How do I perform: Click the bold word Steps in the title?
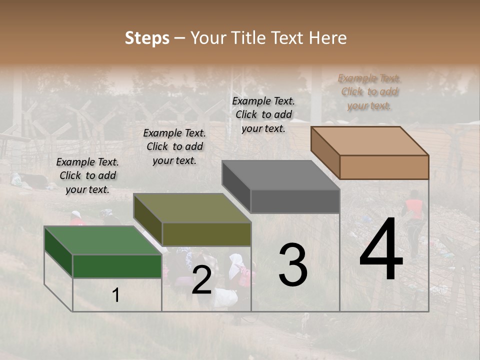coord(147,38)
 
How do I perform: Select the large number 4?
coord(381,249)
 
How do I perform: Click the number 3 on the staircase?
coord(292,264)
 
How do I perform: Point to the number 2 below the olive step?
coord(201,280)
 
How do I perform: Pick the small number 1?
coord(115,295)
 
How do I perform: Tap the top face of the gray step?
coord(280,175)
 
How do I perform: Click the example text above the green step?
coord(87,175)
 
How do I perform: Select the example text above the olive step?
coord(174,146)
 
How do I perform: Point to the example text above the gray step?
coord(263,114)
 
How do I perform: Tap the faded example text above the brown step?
coord(369,91)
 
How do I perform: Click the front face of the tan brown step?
coord(384,167)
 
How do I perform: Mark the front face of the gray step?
coord(295,201)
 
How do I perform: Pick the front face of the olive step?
coord(206,234)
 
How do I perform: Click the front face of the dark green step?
coord(117,266)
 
